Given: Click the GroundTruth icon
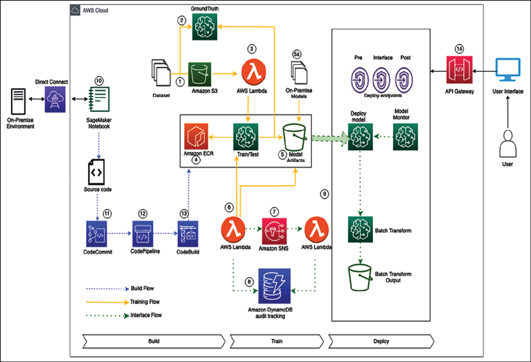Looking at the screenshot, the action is (205, 28).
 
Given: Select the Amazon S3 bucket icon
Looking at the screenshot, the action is (200, 75).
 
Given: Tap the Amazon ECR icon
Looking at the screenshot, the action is (196, 136).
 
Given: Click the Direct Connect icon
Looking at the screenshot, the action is (55, 99).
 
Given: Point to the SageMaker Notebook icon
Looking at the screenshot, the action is (99, 100).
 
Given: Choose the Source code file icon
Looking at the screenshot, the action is (96, 172).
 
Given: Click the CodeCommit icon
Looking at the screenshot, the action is (96, 234).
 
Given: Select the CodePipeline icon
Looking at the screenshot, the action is (143, 234).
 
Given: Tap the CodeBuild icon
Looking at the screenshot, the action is (188, 234).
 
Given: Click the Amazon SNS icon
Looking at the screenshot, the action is (274, 231).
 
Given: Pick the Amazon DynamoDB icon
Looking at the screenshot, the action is (274, 286).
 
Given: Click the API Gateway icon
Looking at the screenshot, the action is (459, 70).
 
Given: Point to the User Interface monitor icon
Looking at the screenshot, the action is (508, 70).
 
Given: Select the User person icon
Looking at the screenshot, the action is (508, 143).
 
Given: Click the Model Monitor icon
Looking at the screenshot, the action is (405, 137).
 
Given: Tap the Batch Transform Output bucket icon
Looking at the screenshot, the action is (360, 278).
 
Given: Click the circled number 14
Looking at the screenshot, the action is (459, 49).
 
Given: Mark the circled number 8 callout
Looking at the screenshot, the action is (249, 282).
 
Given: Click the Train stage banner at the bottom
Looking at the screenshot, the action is (277, 341).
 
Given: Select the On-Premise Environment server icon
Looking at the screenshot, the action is (18, 102).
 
